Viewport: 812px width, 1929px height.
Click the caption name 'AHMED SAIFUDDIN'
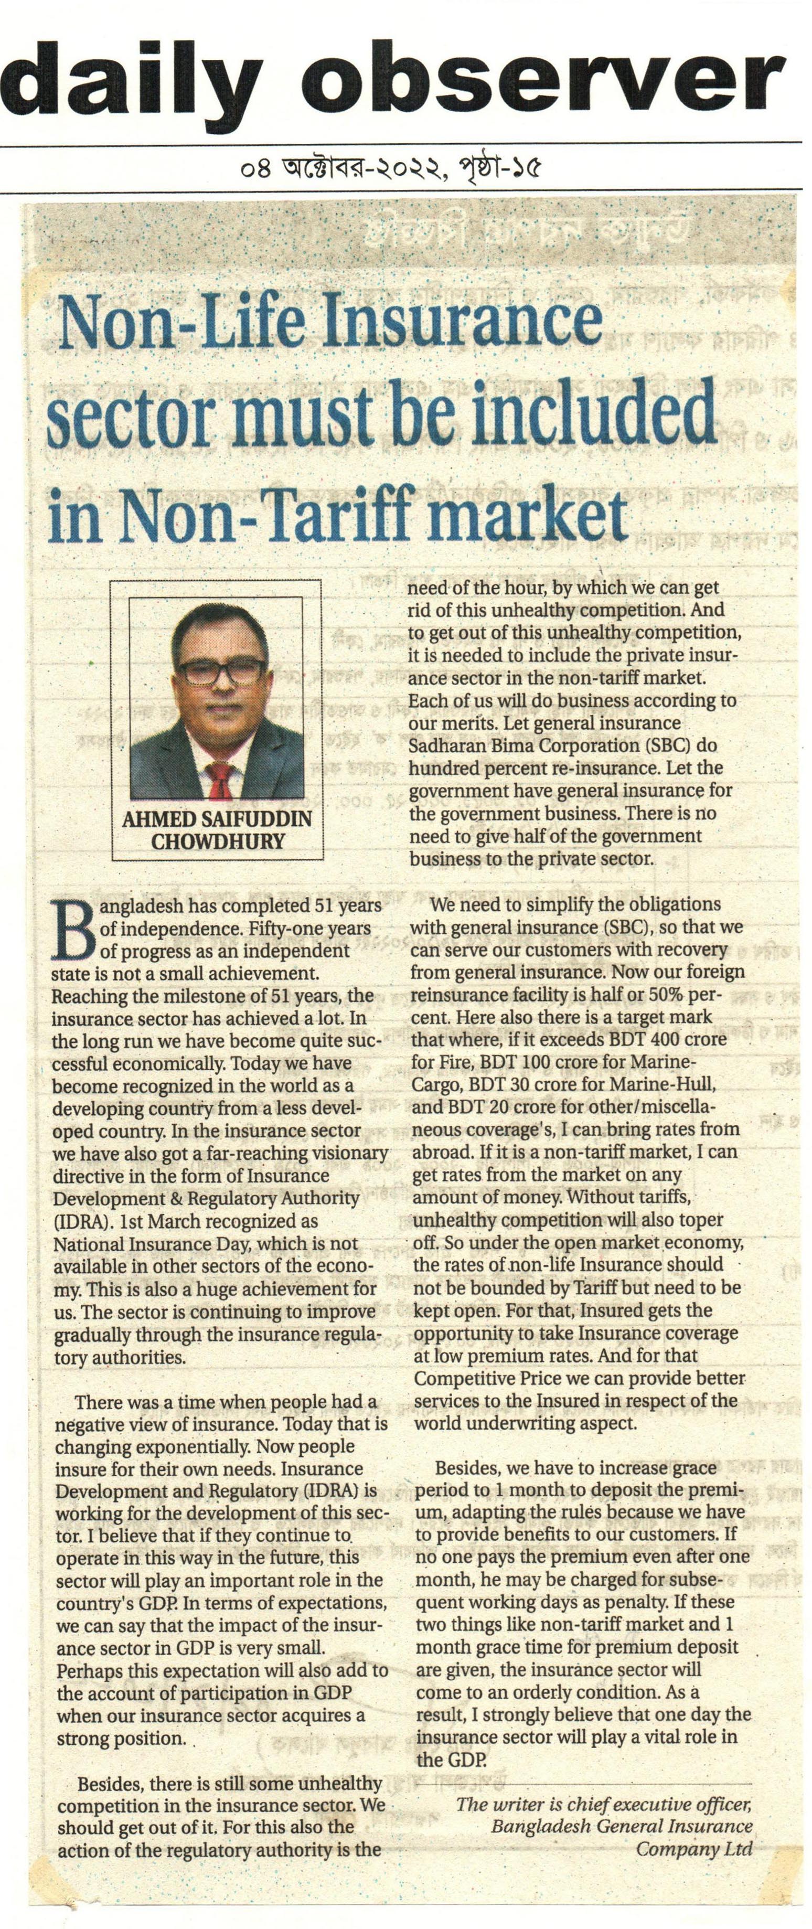click(217, 818)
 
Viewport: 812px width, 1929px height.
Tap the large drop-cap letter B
click(73, 929)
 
